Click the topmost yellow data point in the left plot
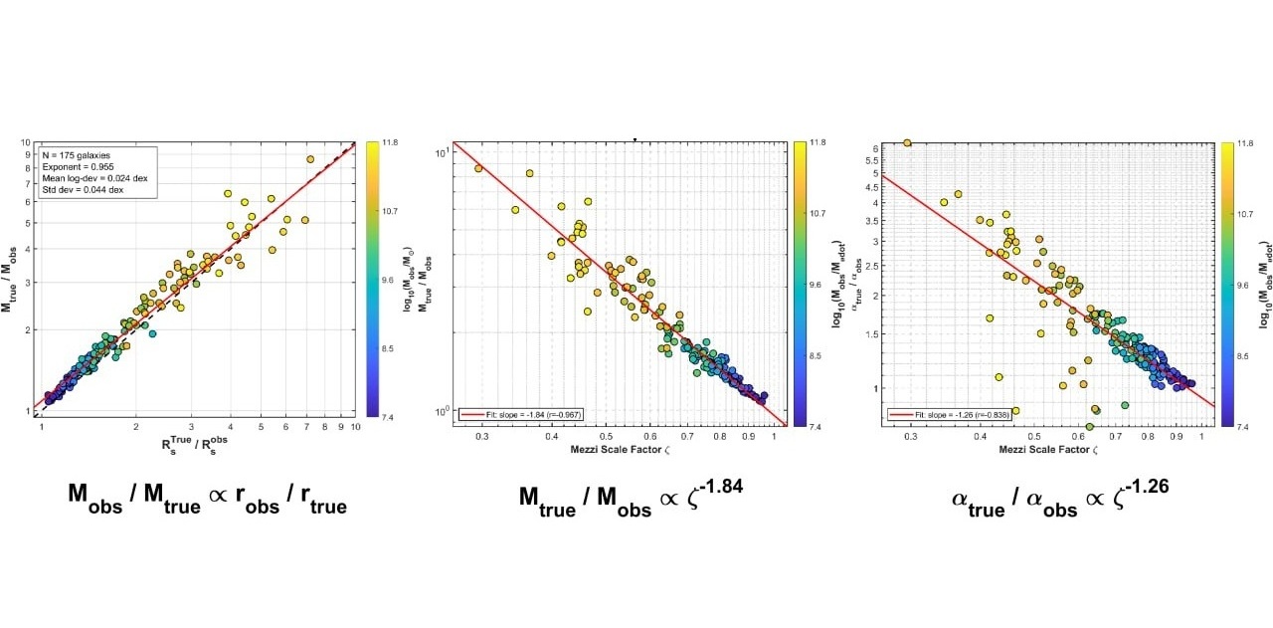[x=310, y=159]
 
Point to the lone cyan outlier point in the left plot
[x=152, y=333]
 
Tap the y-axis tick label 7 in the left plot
[x=27, y=182]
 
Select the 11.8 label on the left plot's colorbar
[x=383, y=143]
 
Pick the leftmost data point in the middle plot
[x=478, y=168]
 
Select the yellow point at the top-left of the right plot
[x=907, y=143]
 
